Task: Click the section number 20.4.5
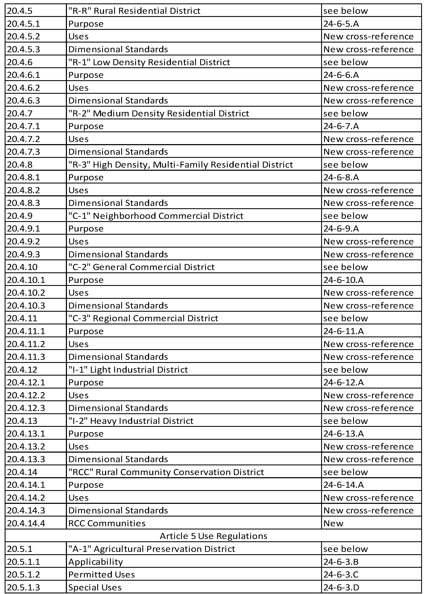coord(20,11)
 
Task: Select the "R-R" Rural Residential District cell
coord(134,11)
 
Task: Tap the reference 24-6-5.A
coord(341,23)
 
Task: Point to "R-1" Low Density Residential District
coord(149,62)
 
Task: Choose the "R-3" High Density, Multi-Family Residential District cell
coord(180,164)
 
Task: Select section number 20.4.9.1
coord(23,229)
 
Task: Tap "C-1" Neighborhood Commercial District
coord(156,216)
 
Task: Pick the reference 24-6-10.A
coord(343,280)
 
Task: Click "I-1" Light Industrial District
coord(128,369)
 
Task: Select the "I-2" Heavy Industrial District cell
coord(130,421)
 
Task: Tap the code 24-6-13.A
coord(343,433)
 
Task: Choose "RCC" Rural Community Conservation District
coord(166,472)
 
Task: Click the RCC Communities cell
coord(107,523)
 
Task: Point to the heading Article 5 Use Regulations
coord(213,536)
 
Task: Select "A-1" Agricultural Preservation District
coord(151,549)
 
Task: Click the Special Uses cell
coord(95,587)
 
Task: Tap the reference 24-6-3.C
coord(341,574)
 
